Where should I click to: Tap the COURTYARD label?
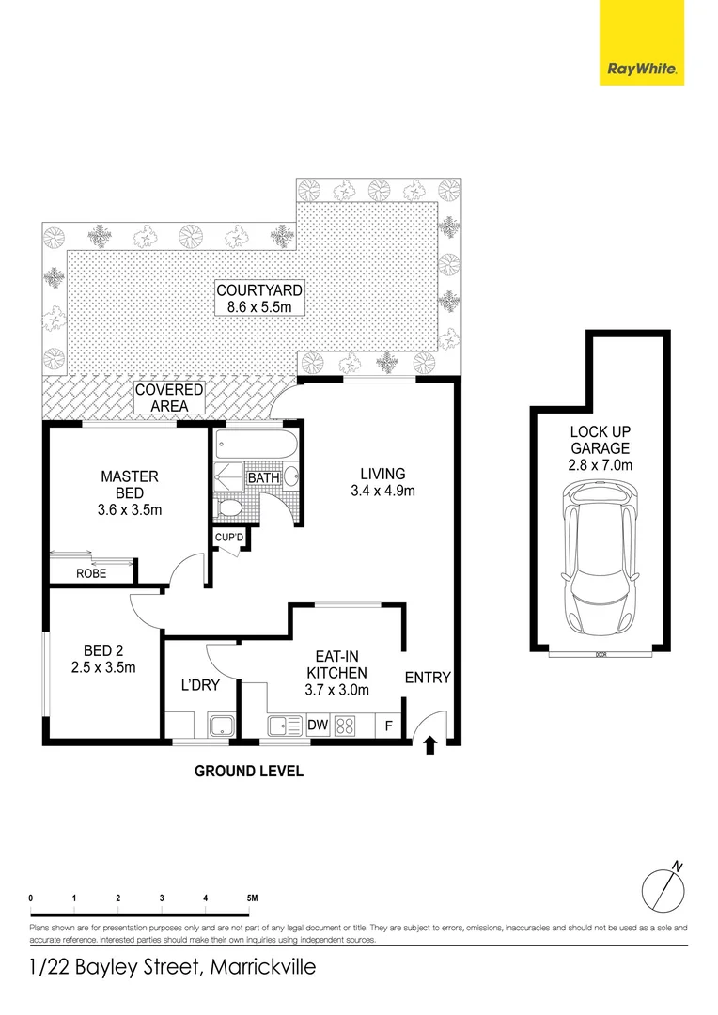tap(258, 298)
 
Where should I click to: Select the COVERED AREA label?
tap(169, 398)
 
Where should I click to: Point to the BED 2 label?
tap(103, 659)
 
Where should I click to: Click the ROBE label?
tap(91, 572)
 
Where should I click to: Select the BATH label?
tap(263, 478)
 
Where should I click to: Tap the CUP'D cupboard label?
tap(230, 537)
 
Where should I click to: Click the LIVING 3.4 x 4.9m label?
tap(382, 482)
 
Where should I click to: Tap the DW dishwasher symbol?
tap(317, 726)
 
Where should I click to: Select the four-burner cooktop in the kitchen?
tap(345, 726)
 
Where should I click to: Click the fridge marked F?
tap(388, 726)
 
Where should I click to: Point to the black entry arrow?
tap(430, 746)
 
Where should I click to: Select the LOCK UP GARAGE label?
tap(600, 448)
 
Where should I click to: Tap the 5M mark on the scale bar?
tap(251, 898)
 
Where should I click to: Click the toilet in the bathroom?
tap(228, 508)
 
